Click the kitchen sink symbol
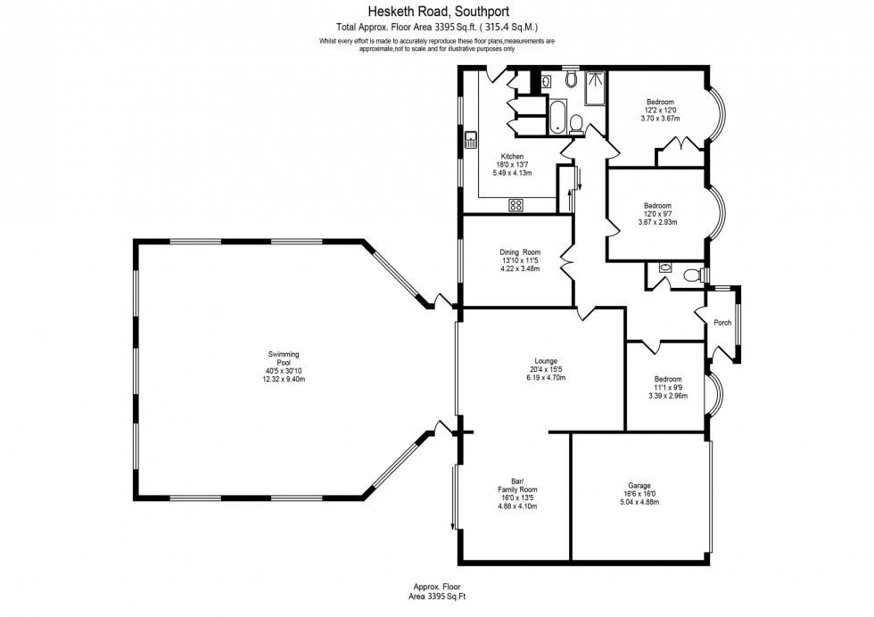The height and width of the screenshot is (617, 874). point(471,140)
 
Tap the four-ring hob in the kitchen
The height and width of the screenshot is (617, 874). point(515,205)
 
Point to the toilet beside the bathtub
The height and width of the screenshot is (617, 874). point(577,122)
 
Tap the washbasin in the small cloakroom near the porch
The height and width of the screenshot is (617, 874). point(665,267)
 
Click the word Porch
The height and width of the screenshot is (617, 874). point(722,323)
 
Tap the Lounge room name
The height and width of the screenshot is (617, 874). point(546,361)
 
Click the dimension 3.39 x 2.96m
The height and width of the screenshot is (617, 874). point(667,395)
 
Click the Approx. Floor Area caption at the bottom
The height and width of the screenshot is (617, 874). point(437,590)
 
